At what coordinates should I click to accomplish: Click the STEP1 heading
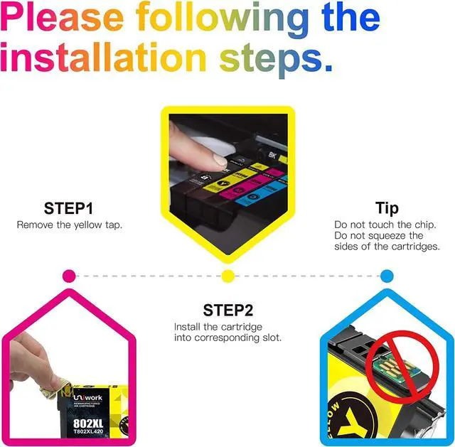[68, 208]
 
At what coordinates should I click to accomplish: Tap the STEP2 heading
[227, 310]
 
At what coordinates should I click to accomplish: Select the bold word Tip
[387, 208]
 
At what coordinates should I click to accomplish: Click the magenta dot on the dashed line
[69, 275]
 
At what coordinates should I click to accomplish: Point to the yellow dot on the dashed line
[227, 275]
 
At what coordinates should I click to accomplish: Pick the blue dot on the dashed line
[387, 275]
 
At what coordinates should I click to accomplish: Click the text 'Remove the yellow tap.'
[68, 225]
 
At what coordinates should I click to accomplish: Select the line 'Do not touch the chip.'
[385, 225]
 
